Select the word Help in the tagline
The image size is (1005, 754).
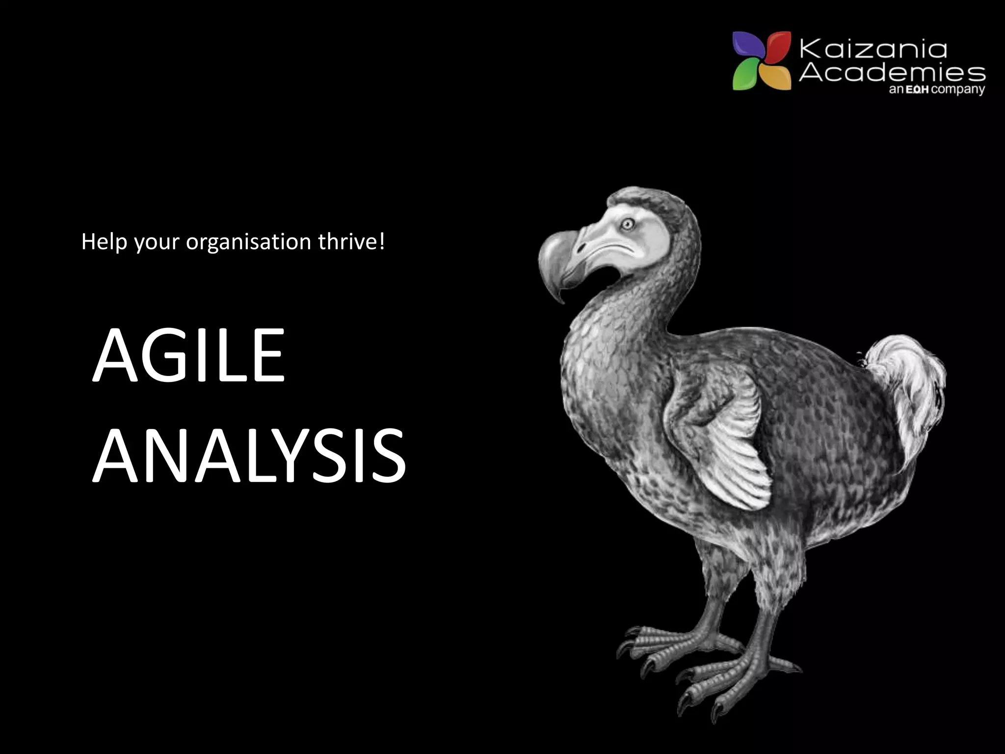click(x=105, y=242)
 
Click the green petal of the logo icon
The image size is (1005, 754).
click(x=746, y=76)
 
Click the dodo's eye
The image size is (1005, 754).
click(x=627, y=224)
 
